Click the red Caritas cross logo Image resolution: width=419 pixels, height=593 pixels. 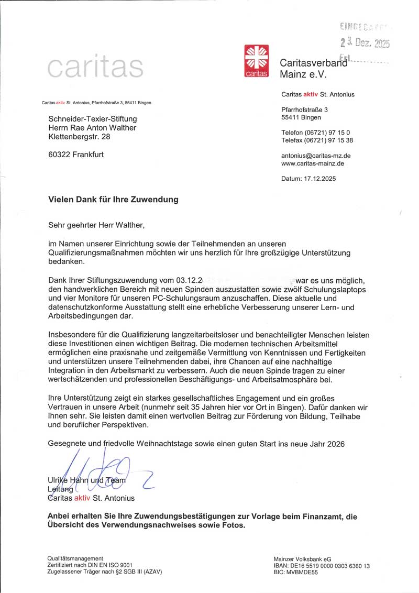tap(257, 62)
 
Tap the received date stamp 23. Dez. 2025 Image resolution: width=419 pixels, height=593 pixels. tap(365, 43)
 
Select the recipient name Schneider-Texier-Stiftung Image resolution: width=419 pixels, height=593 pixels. tap(92, 119)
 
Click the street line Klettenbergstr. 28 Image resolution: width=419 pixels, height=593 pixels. tap(79, 137)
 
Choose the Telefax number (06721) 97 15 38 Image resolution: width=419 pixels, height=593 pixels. tap(317, 140)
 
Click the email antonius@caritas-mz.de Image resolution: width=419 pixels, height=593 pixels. tap(316, 156)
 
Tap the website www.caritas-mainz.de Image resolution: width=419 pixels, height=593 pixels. tap(313, 163)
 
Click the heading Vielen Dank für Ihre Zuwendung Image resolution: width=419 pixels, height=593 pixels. tap(113, 200)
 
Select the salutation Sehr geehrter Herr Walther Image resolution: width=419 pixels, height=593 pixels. tap(95, 225)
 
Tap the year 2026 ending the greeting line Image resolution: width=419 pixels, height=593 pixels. tap(335, 444)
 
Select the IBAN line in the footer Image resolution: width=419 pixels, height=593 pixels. tap(322, 566)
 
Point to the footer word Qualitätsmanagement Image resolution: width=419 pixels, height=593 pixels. tap(75, 558)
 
